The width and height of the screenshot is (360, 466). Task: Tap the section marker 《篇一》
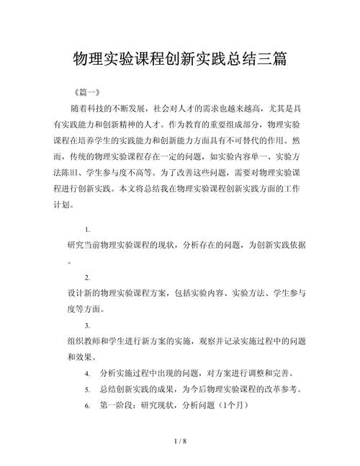point(90,94)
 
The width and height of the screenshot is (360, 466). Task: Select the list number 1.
point(87,230)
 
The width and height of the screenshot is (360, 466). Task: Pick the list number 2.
point(87,277)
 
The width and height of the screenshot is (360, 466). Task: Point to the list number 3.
point(87,326)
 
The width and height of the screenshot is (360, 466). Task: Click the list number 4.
point(87,373)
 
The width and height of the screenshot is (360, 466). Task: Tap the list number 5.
point(87,390)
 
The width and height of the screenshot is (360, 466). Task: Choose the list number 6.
point(87,405)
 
